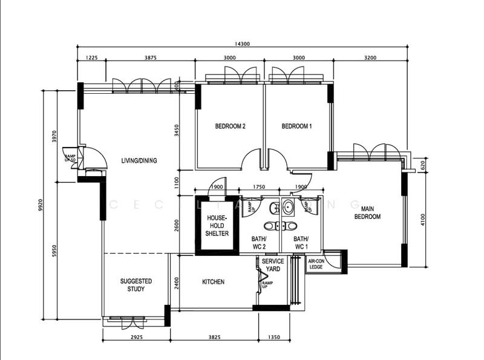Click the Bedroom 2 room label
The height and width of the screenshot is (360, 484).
(230, 126)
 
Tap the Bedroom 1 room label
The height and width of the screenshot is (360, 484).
(296, 126)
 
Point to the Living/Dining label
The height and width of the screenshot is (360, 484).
(139, 160)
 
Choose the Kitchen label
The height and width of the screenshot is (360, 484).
(213, 282)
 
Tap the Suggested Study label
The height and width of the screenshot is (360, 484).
(136, 285)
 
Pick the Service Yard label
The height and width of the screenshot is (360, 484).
(273, 265)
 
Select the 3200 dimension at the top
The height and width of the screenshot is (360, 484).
(370, 57)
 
